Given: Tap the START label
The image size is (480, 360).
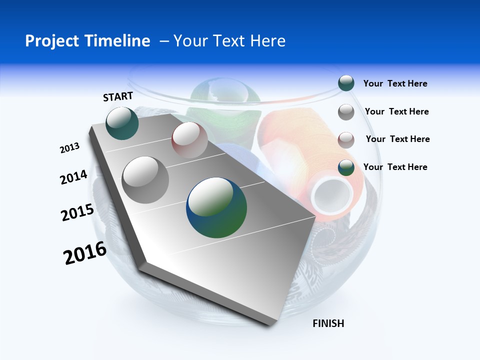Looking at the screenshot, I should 118,96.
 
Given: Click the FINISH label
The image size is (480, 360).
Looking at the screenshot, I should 328,323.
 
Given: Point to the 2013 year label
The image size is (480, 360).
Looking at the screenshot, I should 69,148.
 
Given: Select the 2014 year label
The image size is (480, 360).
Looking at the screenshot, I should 73,177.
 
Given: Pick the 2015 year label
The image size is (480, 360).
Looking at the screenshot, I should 77,212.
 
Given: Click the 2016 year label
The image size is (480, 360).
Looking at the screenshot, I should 85,253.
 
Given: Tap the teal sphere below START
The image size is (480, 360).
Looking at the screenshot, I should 122,123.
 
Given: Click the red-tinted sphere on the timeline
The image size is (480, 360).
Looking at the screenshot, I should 189,140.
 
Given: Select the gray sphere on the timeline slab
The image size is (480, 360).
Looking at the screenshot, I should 145,179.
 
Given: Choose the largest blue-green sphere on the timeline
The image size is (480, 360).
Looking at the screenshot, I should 216,208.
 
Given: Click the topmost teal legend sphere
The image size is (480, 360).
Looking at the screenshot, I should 346,83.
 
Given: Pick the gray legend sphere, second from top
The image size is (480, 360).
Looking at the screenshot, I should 346,112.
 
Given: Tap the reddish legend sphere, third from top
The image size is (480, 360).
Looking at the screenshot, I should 346,139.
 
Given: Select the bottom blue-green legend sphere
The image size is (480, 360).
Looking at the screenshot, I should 346,167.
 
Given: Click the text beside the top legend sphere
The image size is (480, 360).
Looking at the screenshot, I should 395,84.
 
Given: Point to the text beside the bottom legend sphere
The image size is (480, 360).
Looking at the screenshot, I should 395,167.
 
